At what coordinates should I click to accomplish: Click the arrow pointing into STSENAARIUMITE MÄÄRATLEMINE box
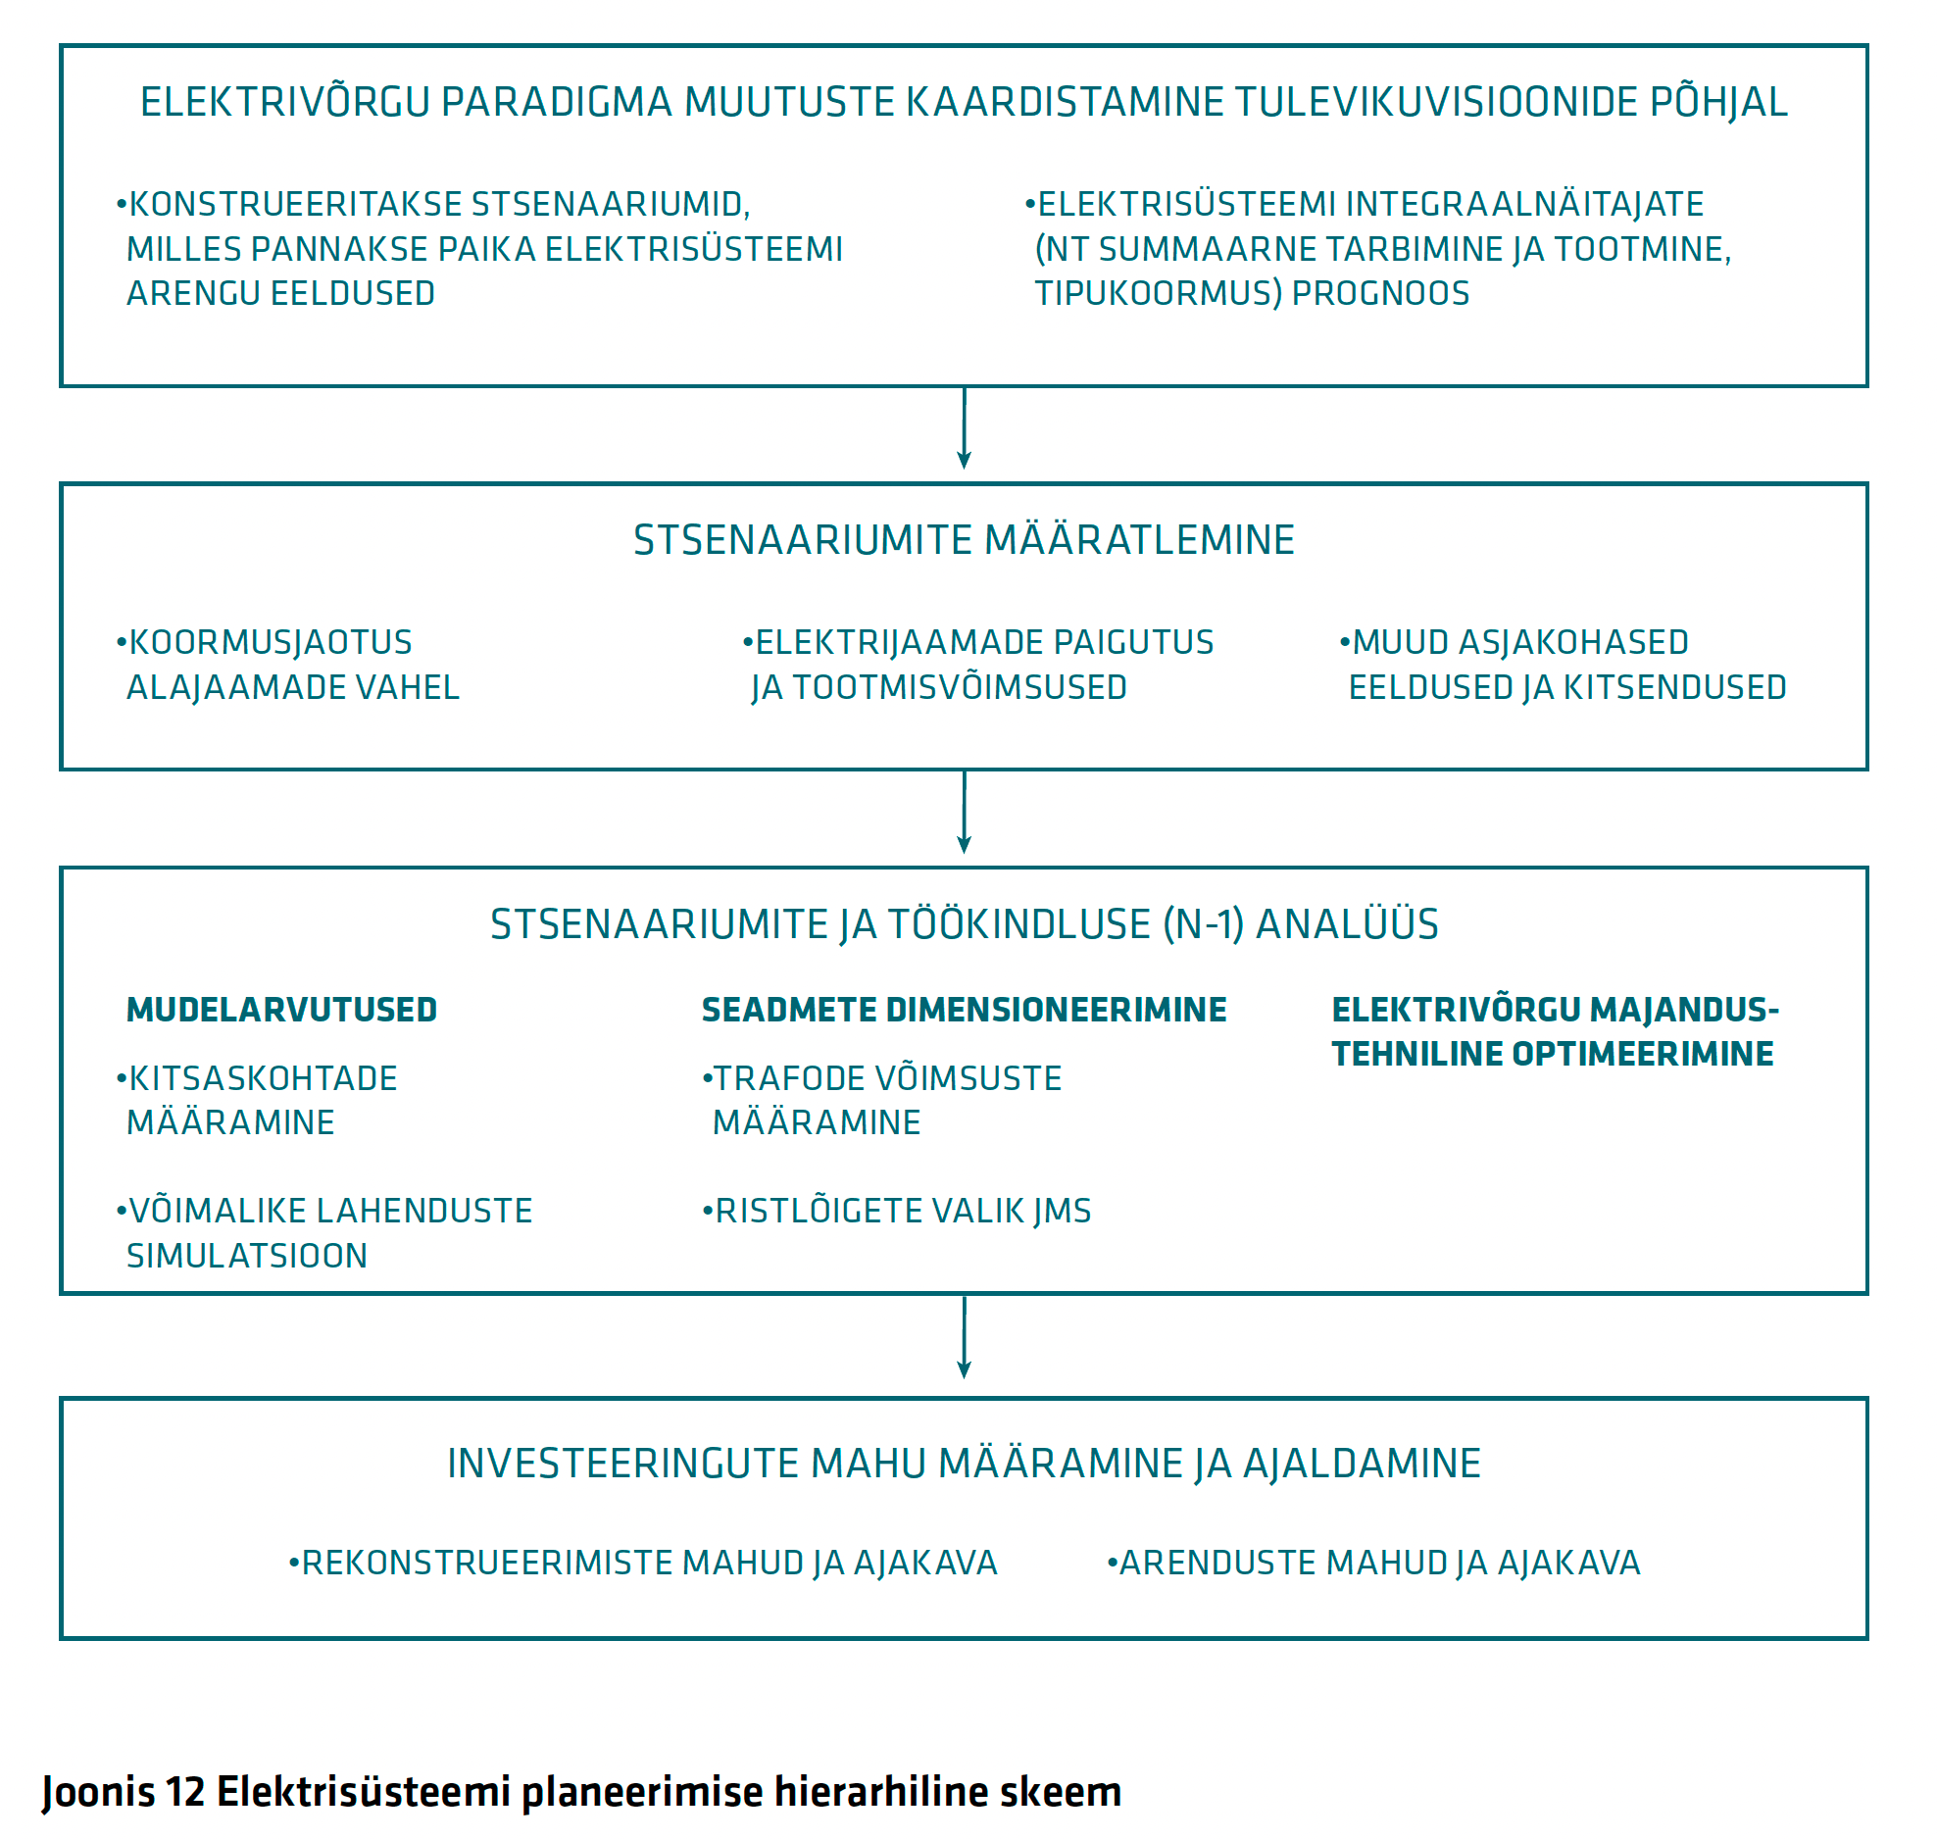pyautogui.click(x=964, y=427)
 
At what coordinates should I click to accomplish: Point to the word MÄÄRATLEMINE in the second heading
pyautogui.click(x=1139, y=540)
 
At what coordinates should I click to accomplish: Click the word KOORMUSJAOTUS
pyautogui.click(x=271, y=643)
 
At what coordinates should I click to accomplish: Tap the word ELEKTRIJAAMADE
pyautogui.click(x=885, y=642)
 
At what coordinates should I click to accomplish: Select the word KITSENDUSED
pyautogui.click(x=1674, y=687)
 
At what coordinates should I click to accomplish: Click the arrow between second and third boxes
pyautogui.click(x=964, y=812)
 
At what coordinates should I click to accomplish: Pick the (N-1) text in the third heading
pyautogui.click(x=1204, y=924)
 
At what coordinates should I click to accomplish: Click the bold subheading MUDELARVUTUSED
pyautogui.click(x=282, y=1010)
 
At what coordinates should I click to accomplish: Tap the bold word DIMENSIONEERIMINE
pyautogui.click(x=1056, y=1010)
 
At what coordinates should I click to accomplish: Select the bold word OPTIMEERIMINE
pyautogui.click(x=1643, y=1054)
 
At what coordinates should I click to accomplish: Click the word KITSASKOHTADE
pyautogui.click(x=263, y=1078)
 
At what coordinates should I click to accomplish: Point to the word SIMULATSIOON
pyautogui.click(x=247, y=1256)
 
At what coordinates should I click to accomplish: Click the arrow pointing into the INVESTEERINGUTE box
pyautogui.click(x=964, y=1337)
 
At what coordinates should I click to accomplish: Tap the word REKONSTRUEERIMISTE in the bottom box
pyautogui.click(x=487, y=1563)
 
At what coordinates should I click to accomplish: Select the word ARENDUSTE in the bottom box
pyautogui.click(x=1209, y=1563)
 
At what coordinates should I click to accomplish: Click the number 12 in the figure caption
pyautogui.click(x=185, y=1791)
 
